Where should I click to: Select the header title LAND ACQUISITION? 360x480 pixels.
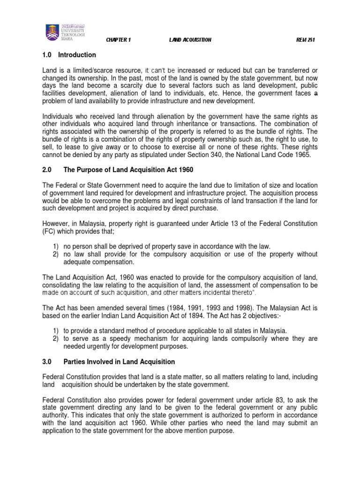pyautogui.click(x=190, y=40)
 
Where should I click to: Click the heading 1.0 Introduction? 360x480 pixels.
pyautogui.click(x=69, y=55)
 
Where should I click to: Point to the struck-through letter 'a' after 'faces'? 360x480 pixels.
pyautogui.click(x=315, y=94)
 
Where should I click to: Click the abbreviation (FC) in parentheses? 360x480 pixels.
pyautogui.click(x=50, y=232)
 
